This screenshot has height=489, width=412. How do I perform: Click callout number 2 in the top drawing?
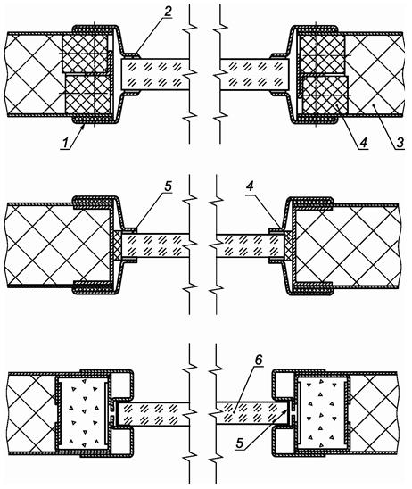click(168, 12)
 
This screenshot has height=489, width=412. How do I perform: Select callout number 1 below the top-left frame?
click(65, 143)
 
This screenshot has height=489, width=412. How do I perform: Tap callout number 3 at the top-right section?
click(400, 143)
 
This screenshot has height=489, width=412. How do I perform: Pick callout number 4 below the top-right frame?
click(363, 143)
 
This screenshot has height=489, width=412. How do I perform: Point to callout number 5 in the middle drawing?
click(168, 186)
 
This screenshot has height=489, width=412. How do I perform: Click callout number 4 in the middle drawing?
click(250, 186)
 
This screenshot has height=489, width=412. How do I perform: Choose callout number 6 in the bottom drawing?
click(259, 360)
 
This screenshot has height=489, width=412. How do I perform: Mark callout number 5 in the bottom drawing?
click(239, 443)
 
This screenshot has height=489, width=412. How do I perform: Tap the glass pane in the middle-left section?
click(155, 245)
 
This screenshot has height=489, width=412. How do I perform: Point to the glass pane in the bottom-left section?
click(153, 415)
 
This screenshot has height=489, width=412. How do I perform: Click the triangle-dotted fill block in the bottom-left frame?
click(84, 415)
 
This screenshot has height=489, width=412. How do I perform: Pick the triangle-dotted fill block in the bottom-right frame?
click(322, 415)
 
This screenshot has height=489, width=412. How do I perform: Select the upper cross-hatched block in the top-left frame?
click(85, 53)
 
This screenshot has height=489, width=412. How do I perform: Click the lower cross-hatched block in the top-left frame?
click(88, 95)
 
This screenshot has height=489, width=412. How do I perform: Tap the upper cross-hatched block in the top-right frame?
click(322, 54)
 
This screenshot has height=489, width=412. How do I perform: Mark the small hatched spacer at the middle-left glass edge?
click(118, 245)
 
